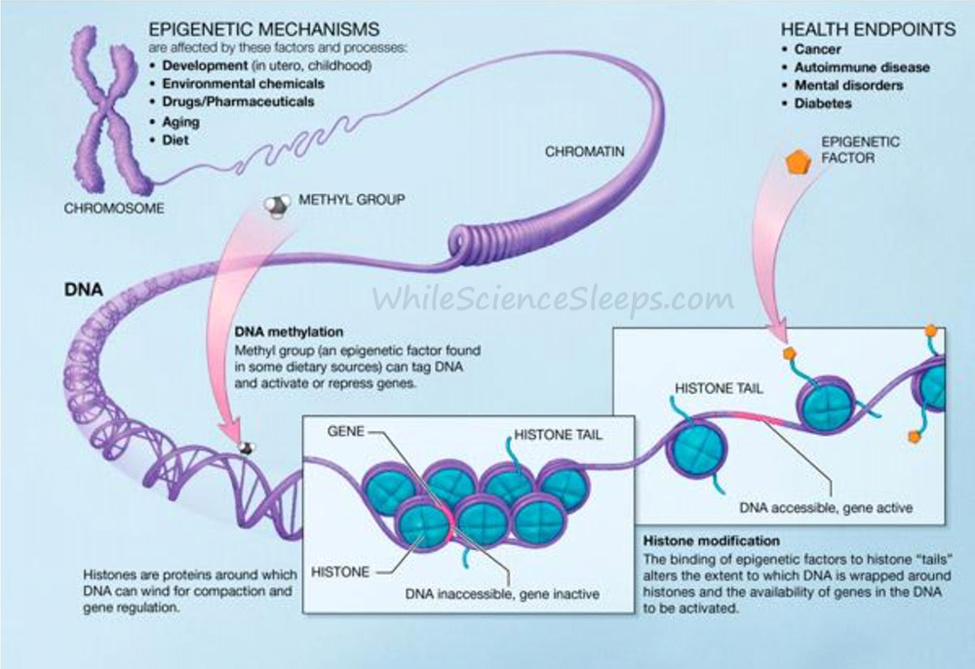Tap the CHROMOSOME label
pyautogui.click(x=114, y=209)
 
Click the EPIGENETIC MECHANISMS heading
pyautogui.click(x=263, y=29)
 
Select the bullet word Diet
pyautogui.click(x=175, y=139)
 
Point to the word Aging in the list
pyautogui.click(x=181, y=122)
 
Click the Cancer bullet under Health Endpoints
pyautogui.click(x=817, y=49)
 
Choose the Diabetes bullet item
pyautogui.click(x=823, y=103)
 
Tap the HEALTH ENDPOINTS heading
pyautogui.click(x=868, y=29)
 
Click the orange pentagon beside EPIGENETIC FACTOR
pyautogui.click(x=798, y=162)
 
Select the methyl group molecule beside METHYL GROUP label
pyautogui.click(x=277, y=206)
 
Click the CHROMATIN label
pyautogui.click(x=584, y=151)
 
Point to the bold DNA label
pyautogui.click(x=83, y=290)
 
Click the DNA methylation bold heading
pyautogui.click(x=289, y=332)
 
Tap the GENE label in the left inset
pyautogui.click(x=346, y=431)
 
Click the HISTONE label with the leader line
pyautogui.click(x=340, y=571)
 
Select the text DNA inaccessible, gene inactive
pyautogui.click(x=502, y=594)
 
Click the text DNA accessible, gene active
pyautogui.click(x=826, y=507)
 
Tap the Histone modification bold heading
pyautogui.click(x=712, y=540)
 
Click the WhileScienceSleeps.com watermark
pyautogui.click(x=553, y=298)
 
